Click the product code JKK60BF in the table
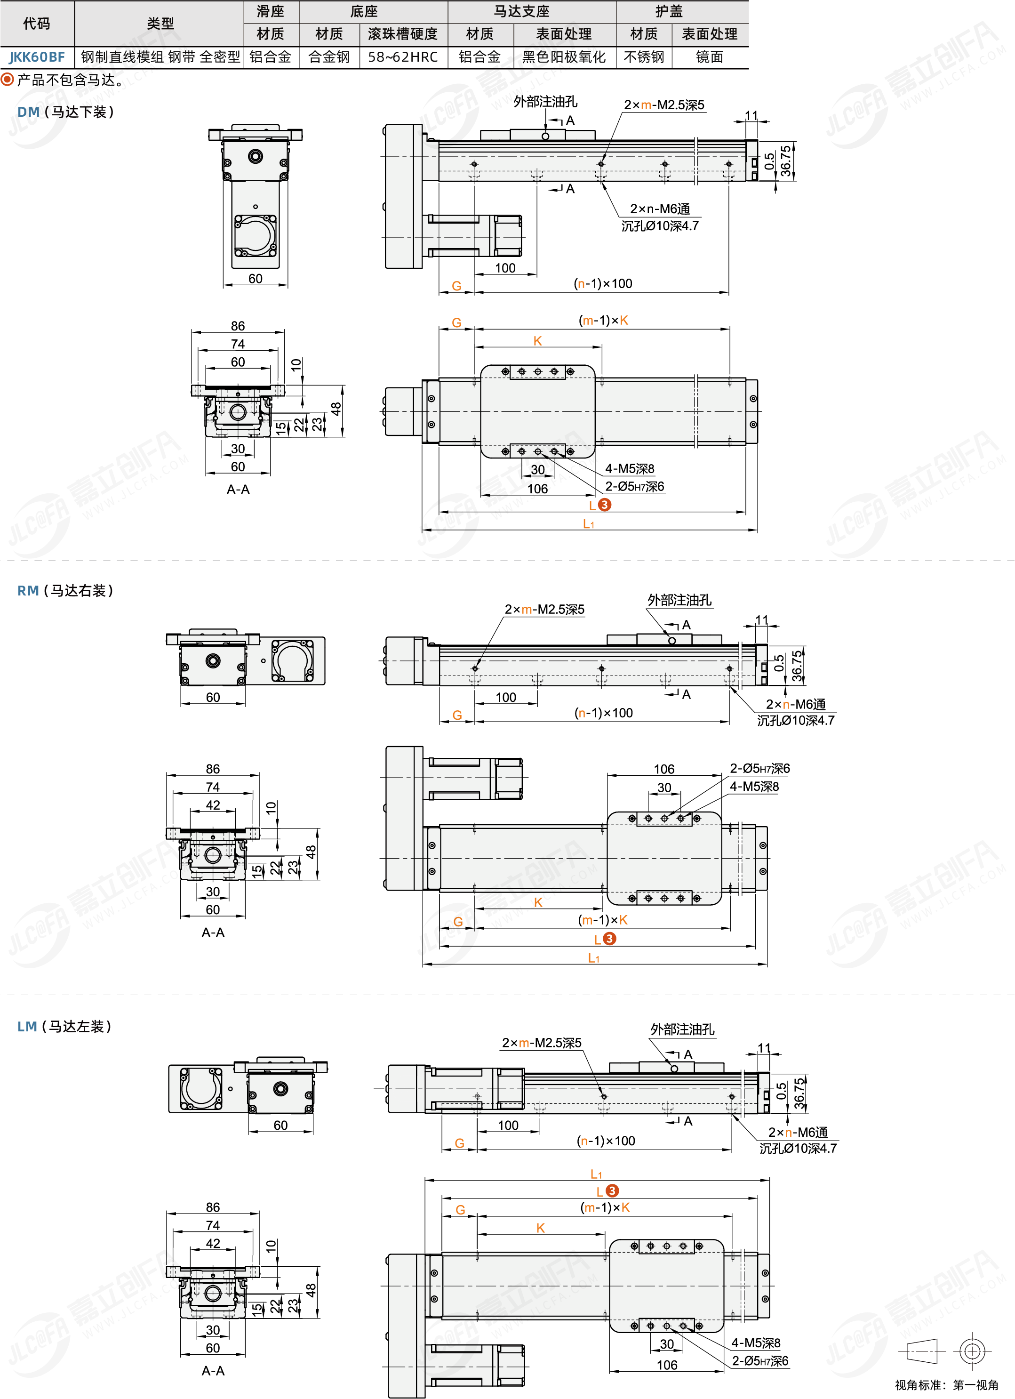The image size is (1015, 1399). (x=37, y=57)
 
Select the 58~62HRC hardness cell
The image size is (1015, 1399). (x=403, y=57)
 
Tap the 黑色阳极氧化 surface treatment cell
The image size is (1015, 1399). (x=564, y=57)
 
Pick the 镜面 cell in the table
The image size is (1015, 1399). (x=710, y=57)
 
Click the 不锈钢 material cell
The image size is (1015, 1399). (x=644, y=57)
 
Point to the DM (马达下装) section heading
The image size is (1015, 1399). (x=65, y=112)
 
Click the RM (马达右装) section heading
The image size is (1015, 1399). (x=65, y=590)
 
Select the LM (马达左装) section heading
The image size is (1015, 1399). (x=64, y=1027)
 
